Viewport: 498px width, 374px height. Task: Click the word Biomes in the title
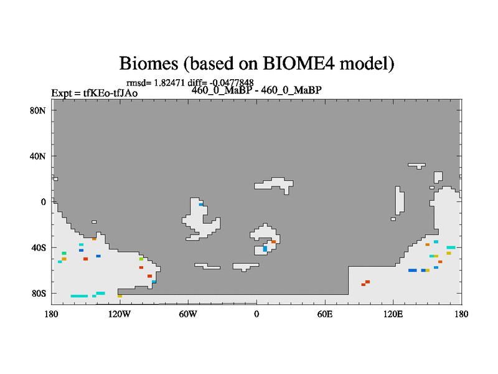point(148,64)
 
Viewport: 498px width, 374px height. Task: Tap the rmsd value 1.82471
point(169,83)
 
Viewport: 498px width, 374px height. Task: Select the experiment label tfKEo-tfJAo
point(110,93)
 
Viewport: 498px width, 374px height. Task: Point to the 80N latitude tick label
point(37,111)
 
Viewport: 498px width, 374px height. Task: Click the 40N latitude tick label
point(37,156)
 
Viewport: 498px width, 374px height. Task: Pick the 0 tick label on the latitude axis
point(43,202)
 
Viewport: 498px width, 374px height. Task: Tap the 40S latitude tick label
point(39,247)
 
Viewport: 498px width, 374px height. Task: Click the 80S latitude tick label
point(39,293)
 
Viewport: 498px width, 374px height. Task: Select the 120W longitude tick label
point(119,314)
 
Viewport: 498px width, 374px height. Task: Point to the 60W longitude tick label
point(188,314)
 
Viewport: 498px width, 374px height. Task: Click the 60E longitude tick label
point(324,314)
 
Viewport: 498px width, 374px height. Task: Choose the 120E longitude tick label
point(393,314)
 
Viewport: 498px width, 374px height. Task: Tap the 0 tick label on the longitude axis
point(256,314)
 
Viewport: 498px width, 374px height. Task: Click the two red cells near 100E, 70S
point(365,283)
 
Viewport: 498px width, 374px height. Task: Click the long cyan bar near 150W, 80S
point(79,296)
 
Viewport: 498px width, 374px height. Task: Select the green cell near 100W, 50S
point(141,259)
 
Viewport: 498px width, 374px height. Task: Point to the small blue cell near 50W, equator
point(200,204)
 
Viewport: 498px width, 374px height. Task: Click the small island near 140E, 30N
point(416,166)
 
